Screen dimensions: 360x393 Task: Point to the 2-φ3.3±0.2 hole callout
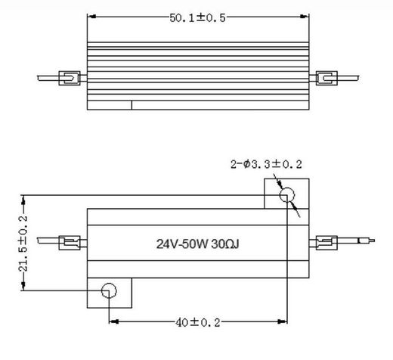click(x=267, y=164)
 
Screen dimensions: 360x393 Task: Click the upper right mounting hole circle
click(x=288, y=196)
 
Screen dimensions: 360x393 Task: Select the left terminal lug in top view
click(x=69, y=78)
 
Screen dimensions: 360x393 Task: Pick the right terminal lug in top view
click(x=326, y=78)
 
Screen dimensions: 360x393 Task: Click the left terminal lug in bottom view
click(x=69, y=244)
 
